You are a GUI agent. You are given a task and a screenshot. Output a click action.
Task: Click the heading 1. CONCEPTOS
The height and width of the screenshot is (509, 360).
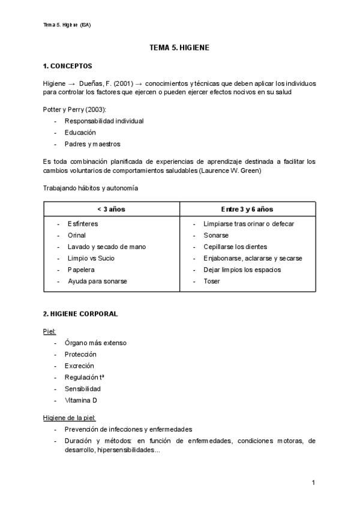pos(68,65)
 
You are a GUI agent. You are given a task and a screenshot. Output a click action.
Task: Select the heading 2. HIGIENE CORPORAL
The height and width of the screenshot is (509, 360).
pos(80,313)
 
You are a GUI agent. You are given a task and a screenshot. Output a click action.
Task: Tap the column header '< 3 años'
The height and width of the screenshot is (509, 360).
pos(111,209)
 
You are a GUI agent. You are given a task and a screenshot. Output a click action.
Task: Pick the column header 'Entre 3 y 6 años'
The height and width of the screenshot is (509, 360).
pos(247,209)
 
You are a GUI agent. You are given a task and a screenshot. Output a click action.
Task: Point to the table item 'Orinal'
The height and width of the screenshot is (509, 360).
pos(76,235)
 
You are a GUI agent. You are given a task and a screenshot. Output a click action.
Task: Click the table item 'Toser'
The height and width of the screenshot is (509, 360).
pos(212,281)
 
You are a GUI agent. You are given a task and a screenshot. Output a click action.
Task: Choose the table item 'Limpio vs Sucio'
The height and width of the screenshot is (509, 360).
pos(91,258)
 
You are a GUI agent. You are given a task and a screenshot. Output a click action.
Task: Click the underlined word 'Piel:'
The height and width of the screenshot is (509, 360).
pos(49,331)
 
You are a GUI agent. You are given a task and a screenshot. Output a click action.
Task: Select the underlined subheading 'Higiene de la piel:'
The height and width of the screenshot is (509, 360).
pos(69,417)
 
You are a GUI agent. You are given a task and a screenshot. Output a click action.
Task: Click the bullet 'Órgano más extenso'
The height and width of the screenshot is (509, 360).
pos(95,343)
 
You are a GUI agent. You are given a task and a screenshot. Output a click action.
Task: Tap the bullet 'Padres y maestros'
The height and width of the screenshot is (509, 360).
pos(92,144)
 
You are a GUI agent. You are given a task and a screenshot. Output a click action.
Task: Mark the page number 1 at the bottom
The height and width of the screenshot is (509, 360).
pos(314,483)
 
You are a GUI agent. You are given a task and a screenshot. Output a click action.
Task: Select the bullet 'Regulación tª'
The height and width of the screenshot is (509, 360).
pos(86,377)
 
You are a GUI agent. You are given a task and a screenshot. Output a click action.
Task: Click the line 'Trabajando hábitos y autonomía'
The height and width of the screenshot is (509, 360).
pos(91,188)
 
